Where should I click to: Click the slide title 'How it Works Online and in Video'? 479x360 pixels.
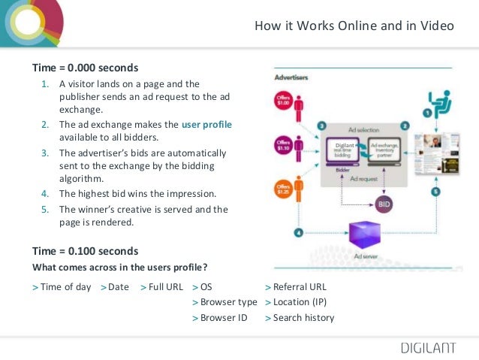pos(354,26)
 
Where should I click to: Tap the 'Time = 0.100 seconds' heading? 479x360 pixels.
pos(85,250)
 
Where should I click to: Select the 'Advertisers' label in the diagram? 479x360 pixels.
pos(291,77)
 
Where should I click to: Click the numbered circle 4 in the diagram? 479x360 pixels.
pos(299,233)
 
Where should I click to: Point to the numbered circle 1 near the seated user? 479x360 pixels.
pos(427,113)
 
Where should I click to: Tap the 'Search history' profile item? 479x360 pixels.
pos(303,318)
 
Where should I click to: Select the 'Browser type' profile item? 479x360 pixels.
pos(228,302)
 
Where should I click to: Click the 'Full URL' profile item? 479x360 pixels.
pos(165,286)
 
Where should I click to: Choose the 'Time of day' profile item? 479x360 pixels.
pos(65,286)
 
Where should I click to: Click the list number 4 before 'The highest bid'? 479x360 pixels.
pos(44,193)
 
